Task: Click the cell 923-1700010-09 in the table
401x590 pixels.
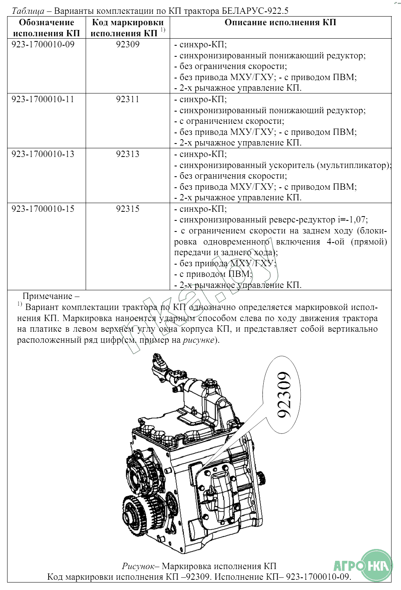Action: [43, 44]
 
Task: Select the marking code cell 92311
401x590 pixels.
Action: [127, 99]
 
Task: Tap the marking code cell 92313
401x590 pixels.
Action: [127, 154]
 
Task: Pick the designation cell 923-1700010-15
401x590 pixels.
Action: [43, 209]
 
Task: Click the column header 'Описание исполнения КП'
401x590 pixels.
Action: [280, 22]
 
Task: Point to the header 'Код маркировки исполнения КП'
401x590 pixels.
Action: [127, 28]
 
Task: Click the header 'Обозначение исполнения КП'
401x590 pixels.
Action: [46, 28]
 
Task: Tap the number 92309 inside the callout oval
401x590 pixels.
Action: [284, 394]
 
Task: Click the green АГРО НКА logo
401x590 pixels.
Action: [364, 566]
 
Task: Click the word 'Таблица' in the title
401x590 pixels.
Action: [28, 11]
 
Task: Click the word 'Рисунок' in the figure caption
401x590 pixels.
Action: [138, 566]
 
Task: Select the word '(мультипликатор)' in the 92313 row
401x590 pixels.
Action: [354, 165]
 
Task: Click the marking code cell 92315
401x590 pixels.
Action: [127, 209]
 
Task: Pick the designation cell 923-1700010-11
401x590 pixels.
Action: [43, 99]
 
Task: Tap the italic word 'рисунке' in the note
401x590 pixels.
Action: [199, 340]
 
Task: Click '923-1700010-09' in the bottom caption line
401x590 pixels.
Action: [318, 577]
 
